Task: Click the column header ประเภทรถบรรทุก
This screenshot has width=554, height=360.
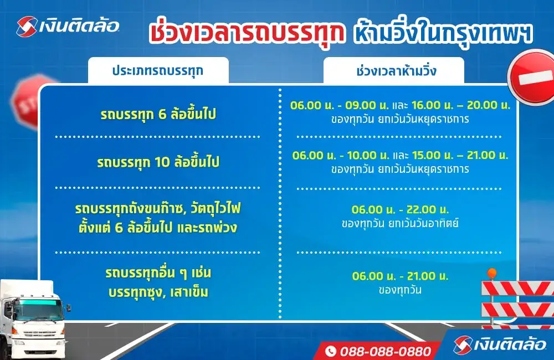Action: click(158, 71)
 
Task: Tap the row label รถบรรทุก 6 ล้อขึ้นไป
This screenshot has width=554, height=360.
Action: click(158, 115)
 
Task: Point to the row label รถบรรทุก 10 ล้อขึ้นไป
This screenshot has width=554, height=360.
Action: click(158, 162)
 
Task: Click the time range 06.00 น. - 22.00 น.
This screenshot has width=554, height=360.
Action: click(400, 210)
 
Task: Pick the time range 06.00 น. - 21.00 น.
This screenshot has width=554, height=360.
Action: click(400, 276)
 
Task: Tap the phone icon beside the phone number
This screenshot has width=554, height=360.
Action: click(331, 351)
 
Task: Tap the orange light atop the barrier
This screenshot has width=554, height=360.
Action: click(491, 274)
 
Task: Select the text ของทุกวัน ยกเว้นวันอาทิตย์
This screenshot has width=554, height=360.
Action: click(400, 224)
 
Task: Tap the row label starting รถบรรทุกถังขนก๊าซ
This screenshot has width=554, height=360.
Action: click(158, 210)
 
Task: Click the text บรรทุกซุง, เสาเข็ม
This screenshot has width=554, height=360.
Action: click(158, 292)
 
